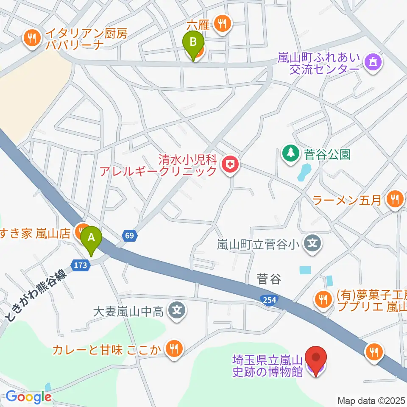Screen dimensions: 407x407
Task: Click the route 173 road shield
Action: [x=82, y=265]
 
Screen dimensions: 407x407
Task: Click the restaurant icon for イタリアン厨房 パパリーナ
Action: [x=31, y=39]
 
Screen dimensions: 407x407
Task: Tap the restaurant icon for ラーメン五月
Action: [x=395, y=200]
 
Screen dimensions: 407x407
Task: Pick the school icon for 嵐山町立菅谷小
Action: [x=312, y=244]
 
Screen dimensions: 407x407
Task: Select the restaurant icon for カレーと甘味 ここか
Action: [x=173, y=350]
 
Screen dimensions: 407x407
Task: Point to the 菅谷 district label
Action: [x=269, y=279]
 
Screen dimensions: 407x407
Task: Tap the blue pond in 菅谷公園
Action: [x=304, y=173]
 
